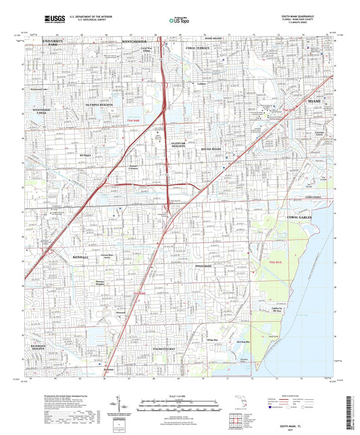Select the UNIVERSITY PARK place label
pos(55,43)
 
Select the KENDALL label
pos(79,258)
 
